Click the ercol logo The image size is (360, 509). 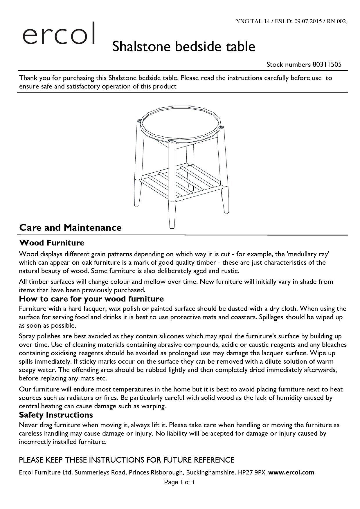coord(59,34)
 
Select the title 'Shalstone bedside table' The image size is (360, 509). coord(184,47)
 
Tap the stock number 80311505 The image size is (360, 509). coord(327,64)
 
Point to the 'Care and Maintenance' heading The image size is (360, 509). coord(70,228)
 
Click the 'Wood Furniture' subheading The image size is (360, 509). coord(52,243)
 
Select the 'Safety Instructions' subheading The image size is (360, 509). coord(56,415)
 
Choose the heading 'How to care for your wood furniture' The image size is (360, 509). coord(91,299)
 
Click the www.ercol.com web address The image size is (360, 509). coord(291,472)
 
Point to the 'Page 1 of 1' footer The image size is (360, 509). coord(179,482)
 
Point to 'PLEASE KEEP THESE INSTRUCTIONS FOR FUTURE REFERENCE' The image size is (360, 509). coord(126,460)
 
